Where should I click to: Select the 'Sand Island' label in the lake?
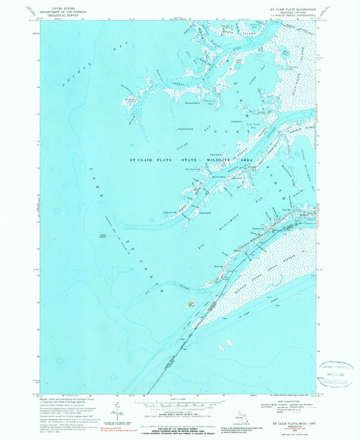point(103,235)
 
